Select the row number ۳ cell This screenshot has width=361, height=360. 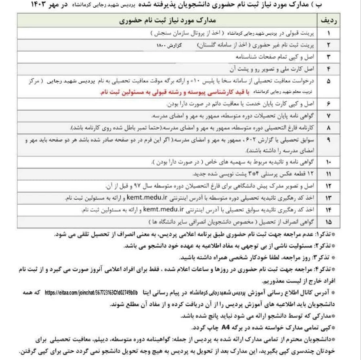329,54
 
